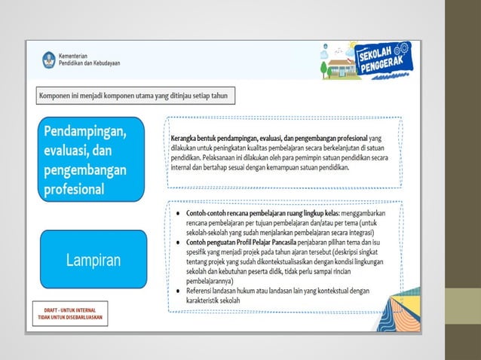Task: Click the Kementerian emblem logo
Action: click(x=49, y=59)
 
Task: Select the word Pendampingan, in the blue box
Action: click(x=84, y=132)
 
